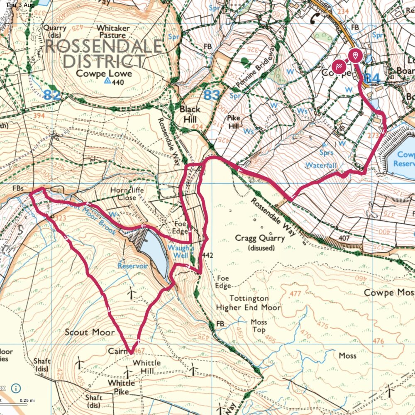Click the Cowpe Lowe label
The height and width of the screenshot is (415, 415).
[104, 73]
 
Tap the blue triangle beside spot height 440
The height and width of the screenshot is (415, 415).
[108, 82]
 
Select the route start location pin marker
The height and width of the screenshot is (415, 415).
[355, 55]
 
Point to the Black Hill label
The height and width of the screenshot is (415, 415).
[190, 113]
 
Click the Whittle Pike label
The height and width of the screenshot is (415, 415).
[122, 386]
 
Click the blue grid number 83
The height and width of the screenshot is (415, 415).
[211, 95]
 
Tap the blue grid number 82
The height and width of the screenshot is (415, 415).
[52, 95]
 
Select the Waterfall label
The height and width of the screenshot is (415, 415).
[321, 165]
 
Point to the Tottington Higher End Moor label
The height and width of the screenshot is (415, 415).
[248, 303]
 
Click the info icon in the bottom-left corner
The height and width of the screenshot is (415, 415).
[15, 388]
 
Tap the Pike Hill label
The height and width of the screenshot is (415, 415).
[234, 121]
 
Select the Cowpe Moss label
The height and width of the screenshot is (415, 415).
[389, 293]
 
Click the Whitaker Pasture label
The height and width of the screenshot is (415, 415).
[113, 32]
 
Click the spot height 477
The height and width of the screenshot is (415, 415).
[295, 294]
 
